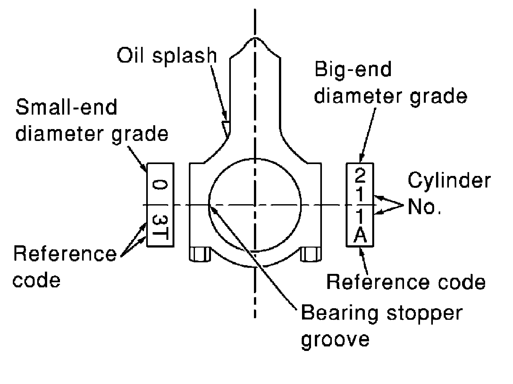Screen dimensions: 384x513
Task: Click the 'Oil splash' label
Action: point(167,56)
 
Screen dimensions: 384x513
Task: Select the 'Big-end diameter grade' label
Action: point(390,83)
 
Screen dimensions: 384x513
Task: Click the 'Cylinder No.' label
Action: point(449,195)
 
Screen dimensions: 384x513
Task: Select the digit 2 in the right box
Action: point(360,176)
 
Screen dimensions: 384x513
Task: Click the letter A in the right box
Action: point(360,236)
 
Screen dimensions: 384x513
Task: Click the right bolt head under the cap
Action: point(310,255)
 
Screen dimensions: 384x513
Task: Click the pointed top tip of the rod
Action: point(255,39)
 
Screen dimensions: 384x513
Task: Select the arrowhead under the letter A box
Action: point(362,250)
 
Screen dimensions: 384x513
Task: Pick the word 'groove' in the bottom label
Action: point(335,339)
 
